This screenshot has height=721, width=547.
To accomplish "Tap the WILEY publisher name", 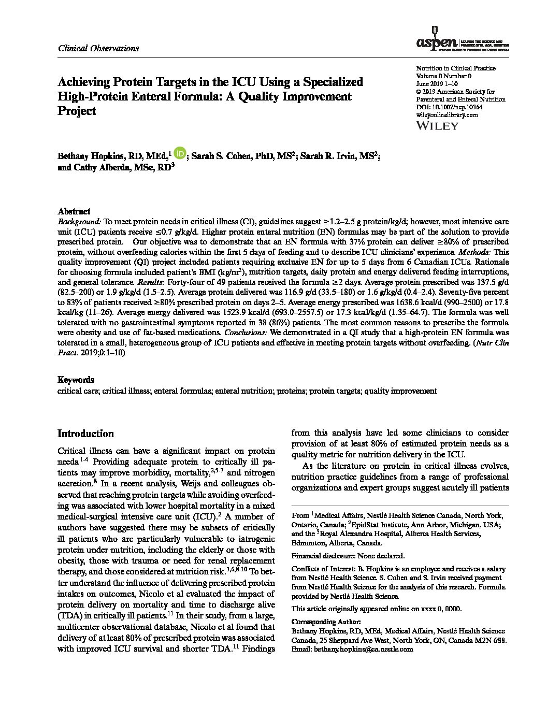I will tap(437, 125).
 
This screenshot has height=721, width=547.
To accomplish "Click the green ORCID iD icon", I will tap(180, 153).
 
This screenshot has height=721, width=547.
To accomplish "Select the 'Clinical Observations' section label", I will tap(98, 48).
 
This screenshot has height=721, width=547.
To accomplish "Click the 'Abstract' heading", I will tap(74, 211).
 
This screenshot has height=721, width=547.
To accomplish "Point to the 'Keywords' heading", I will tap(76, 380).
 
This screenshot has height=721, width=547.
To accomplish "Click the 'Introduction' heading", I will tap(85, 434).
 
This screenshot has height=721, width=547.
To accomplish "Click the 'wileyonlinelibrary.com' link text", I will tap(447, 115).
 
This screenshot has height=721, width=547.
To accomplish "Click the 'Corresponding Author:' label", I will tap(326, 622).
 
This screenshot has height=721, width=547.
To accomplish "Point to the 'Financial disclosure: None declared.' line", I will tap(349, 556).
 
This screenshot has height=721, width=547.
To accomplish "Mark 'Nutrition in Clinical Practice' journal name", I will tap(456, 68).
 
